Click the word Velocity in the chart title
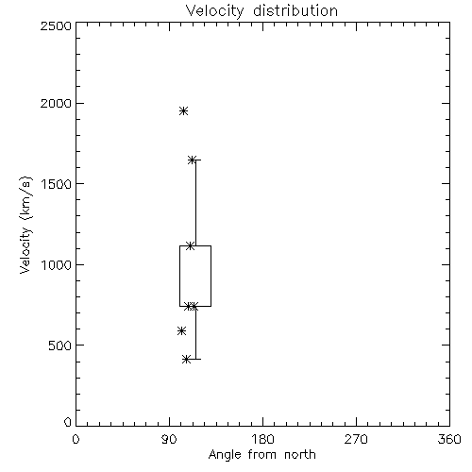click(x=214, y=11)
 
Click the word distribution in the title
click(x=295, y=10)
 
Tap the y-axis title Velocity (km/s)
click(x=25, y=225)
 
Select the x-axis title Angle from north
click(x=262, y=454)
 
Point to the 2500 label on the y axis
click(x=56, y=25)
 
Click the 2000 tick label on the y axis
click(x=56, y=103)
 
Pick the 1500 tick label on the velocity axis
click(x=57, y=184)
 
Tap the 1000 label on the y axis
click(x=57, y=264)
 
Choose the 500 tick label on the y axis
click(x=60, y=346)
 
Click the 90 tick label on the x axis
click(x=169, y=439)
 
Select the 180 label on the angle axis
click(x=261, y=439)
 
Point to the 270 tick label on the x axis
click(x=356, y=439)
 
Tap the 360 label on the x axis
click(x=449, y=439)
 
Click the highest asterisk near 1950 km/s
click(x=184, y=111)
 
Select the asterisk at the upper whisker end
click(x=192, y=160)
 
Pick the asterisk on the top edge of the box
click(x=190, y=245)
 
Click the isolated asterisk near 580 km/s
click(x=181, y=330)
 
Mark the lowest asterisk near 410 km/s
click(x=187, y=359)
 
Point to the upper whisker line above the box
click(x=195, y=203)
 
